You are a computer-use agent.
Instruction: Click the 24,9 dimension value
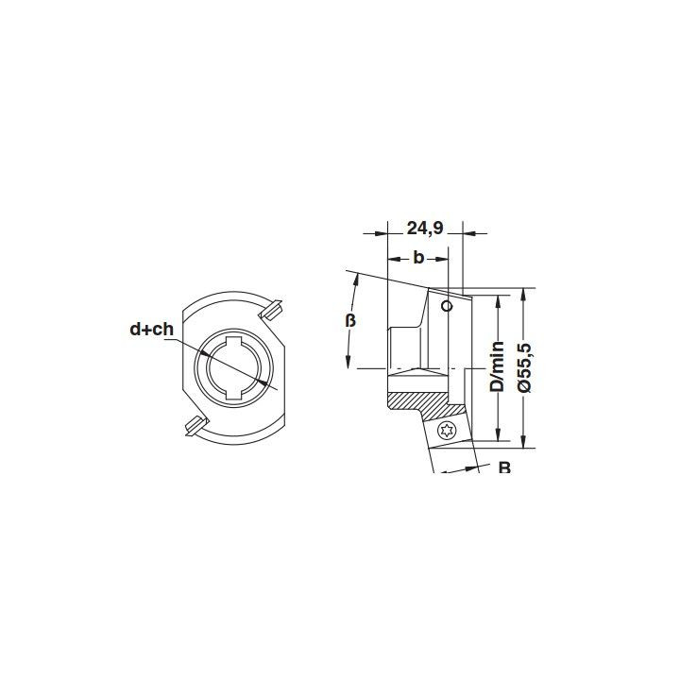point(425,229)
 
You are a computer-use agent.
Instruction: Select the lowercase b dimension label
point(418,258)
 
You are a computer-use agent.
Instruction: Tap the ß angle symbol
point(350,320)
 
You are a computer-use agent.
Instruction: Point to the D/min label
point(497,366)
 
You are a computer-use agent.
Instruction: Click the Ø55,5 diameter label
point(525,366)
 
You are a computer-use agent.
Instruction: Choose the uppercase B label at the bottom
point(504,467)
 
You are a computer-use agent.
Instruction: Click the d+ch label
point(151,330)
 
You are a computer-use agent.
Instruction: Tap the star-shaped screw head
point(446,431)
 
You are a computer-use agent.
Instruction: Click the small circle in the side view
point(446,306)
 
